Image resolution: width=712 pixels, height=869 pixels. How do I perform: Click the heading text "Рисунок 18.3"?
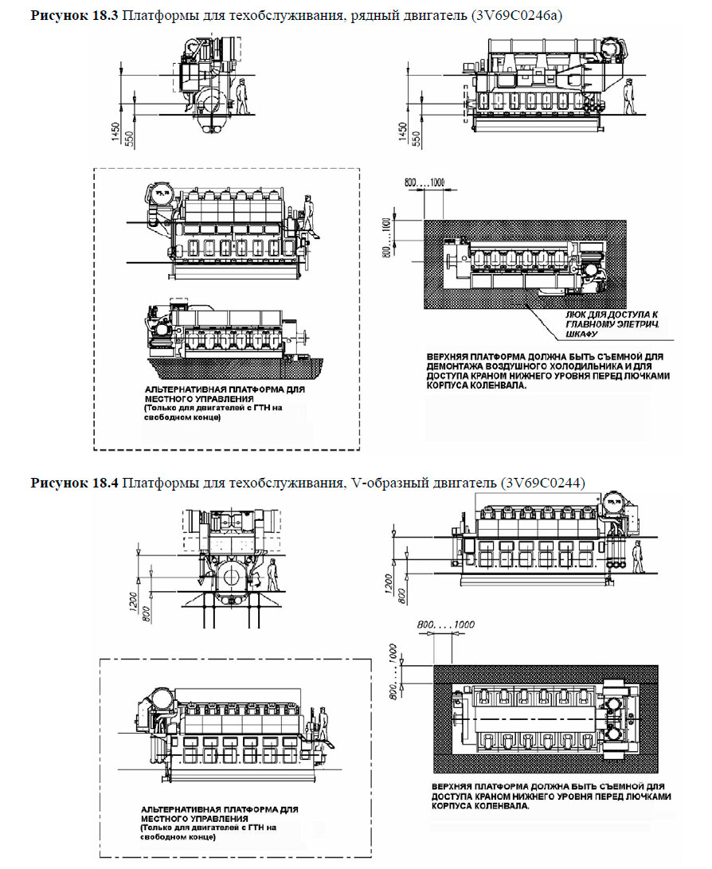(x=74, y=16)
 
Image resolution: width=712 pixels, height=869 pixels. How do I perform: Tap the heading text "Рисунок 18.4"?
(x=74, y=483)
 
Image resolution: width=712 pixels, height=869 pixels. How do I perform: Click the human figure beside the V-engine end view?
(x=273, y=575)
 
